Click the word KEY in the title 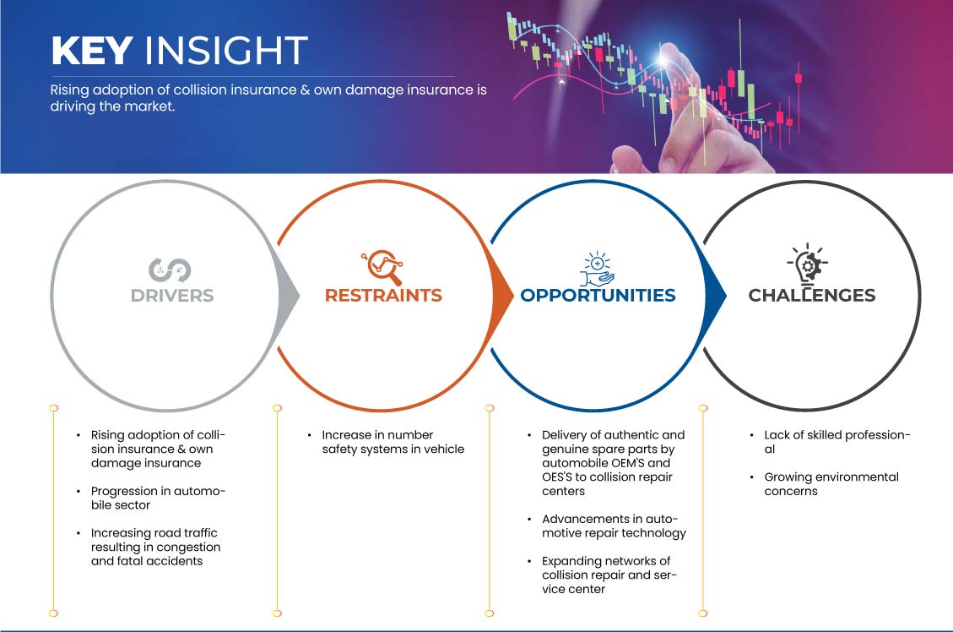[x=92, y=50]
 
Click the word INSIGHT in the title [x=226, y=50]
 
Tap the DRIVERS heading [x=172, y=296]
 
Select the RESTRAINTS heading [x=383, y=295]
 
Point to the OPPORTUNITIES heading [x=598, y=295]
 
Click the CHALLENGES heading [x=812, y=295]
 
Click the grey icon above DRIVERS [x=171, y=270]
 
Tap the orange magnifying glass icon [x=382, y=267]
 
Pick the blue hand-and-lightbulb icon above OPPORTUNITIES [x=597, y=268]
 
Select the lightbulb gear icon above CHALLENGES [x=808, y=264]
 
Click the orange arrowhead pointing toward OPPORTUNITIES [x=502, y=297]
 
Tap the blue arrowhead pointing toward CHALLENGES [x=715, y=297]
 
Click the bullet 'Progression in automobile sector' [x=158, y=498]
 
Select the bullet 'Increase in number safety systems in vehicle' [x=393, y=442]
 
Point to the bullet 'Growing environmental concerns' [x=831, y=483]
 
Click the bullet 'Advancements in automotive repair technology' [x=614, y=526]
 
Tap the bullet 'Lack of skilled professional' [x=837, y=442]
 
